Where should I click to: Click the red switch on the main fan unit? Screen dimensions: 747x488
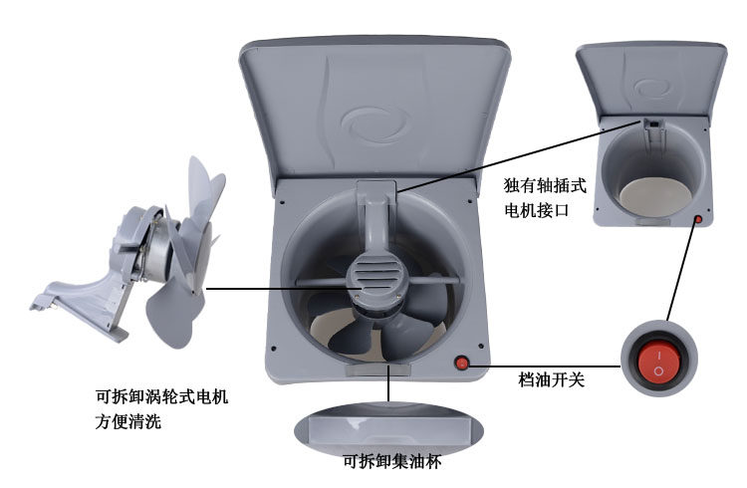pyautogui.click(x=461, y=364)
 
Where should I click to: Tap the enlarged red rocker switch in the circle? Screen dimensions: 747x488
pyautogui.click(x=657, y=363)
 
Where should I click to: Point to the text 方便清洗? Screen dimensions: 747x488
pyautogui.click(x=122, y=422)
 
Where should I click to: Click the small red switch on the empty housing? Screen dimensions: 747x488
pyautogui.click(x=698, y=220)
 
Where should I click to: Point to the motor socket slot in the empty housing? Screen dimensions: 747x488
pyautogui.click(x=652, y=123)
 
